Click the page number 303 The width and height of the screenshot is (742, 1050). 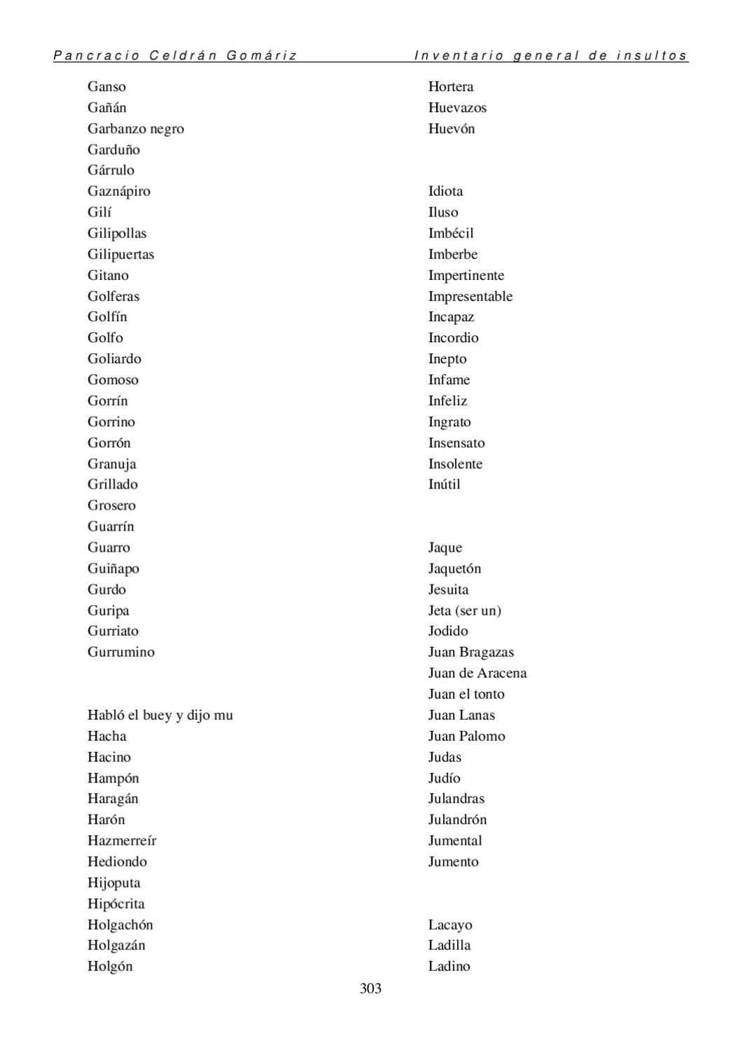click(370, 988)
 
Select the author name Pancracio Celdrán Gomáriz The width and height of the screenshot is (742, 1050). click(175, 55)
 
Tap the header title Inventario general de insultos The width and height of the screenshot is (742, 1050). click(551, 55)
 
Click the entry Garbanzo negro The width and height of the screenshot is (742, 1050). click(136, 129)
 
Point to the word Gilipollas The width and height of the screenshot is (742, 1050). click(117, 233)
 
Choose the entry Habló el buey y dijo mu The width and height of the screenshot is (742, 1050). click(160, 715)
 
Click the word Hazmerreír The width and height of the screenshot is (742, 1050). click(122, 840)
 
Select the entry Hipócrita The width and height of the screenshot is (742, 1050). click(116, 903)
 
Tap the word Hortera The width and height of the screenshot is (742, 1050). click(451, 87)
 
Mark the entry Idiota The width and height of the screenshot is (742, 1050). click(445, 191)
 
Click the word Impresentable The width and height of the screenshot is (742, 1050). click(470, 296)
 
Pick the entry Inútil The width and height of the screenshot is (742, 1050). click(444, 484)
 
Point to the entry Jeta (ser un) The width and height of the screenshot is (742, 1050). click(465, 610)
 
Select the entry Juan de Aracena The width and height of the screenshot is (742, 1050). click(477, 673)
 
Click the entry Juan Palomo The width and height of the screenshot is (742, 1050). click(467, 736)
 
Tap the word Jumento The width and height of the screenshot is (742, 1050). click(454, 861)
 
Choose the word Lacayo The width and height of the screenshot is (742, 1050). click(450, 925)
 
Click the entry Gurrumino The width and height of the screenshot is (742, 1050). click(121, 652)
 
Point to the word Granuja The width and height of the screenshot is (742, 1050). click(112, 463)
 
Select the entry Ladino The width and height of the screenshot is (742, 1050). click(449, 966)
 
